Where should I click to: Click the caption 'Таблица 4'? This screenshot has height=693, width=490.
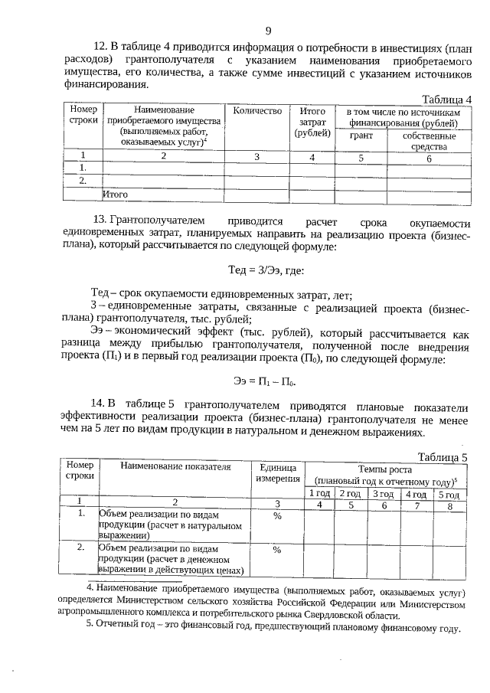(x=446, y=99)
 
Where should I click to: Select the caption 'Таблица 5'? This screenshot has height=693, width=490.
(x=443, y=457)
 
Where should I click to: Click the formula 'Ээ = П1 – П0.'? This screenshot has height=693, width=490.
(x=264, y=381)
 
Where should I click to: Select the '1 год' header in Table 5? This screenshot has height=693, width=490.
(x=319, y=493)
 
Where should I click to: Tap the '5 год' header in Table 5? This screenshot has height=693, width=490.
(x=450, y=493)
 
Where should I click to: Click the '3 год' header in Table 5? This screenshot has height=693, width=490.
(x=384, y=493)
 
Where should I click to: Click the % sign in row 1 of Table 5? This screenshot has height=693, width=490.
(x=277, y=516)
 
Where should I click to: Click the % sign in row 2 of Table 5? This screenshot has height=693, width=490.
(x=277, y=549)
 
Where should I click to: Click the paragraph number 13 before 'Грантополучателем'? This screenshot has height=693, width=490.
(x=99, y=221)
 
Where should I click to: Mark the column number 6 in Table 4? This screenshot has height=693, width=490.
(x=429, y=158)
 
